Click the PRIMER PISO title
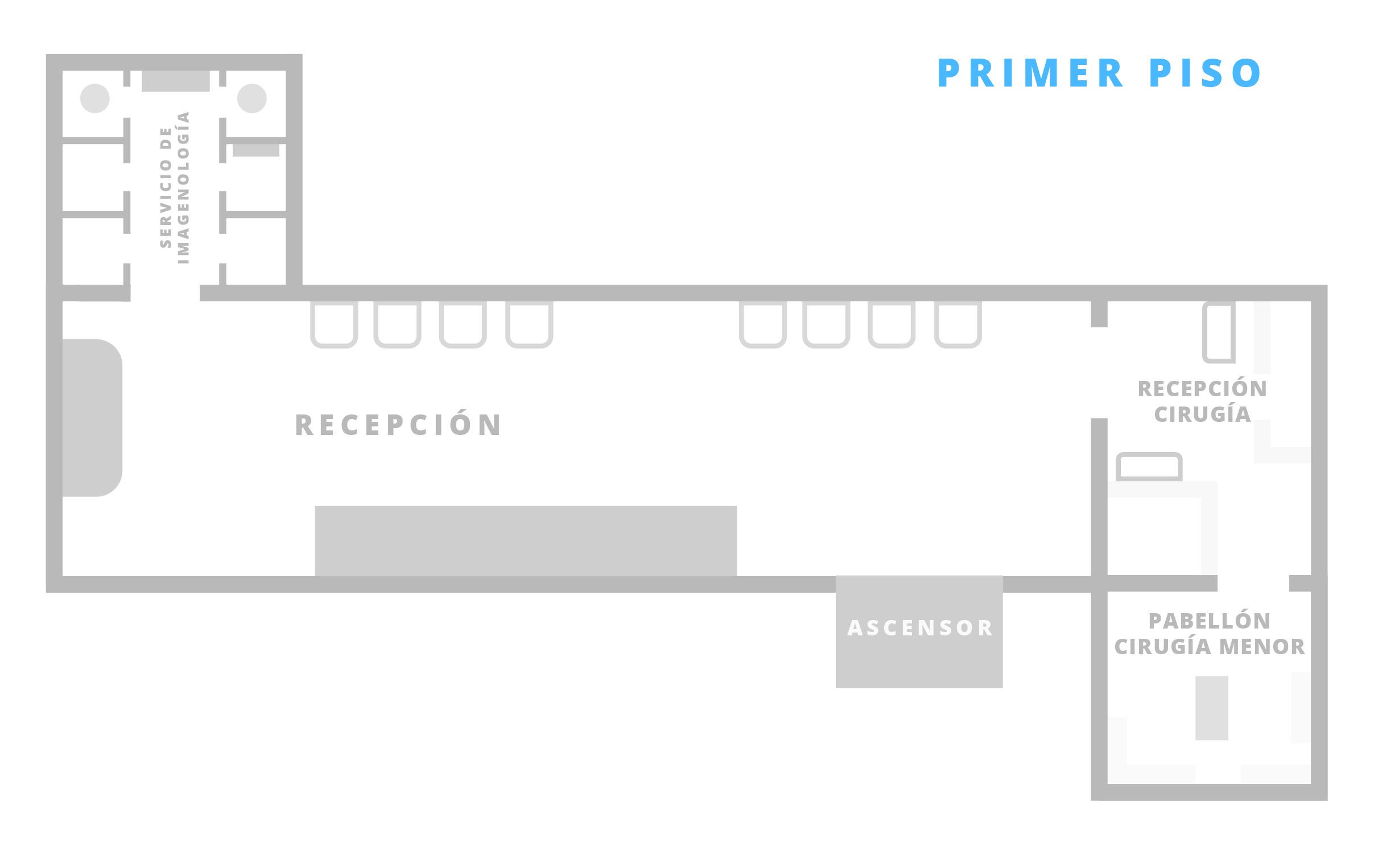click(x=1099, y=73)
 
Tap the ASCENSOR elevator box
click(x=919, y=631)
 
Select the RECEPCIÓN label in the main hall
click(x=398, y=425)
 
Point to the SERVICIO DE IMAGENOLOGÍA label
click(x=175, y=188)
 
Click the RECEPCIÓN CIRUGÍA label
click(x=1202, y=401)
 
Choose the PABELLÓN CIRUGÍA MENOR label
click(x=1209, y=634)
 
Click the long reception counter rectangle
click(x=526, y=541)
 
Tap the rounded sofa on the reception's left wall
click(x=92, y=418)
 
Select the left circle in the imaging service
click(x=95, y=98)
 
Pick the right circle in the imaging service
click(x=252, y=98)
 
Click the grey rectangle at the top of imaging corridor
click(x=176, y=81)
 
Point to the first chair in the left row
click(x=334, y=325)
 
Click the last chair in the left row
click(x=529, y=325)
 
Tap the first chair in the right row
click(x=763, y=325)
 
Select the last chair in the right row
click(x=958, y=325)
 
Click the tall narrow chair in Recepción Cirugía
click(x=1219, y=332)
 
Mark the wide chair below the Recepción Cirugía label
click(x=1149, y=467)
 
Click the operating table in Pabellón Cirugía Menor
click(x=1212, y=708)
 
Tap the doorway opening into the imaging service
click(x=165, y=293)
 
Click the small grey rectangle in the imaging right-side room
click(x=256, y=150)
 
